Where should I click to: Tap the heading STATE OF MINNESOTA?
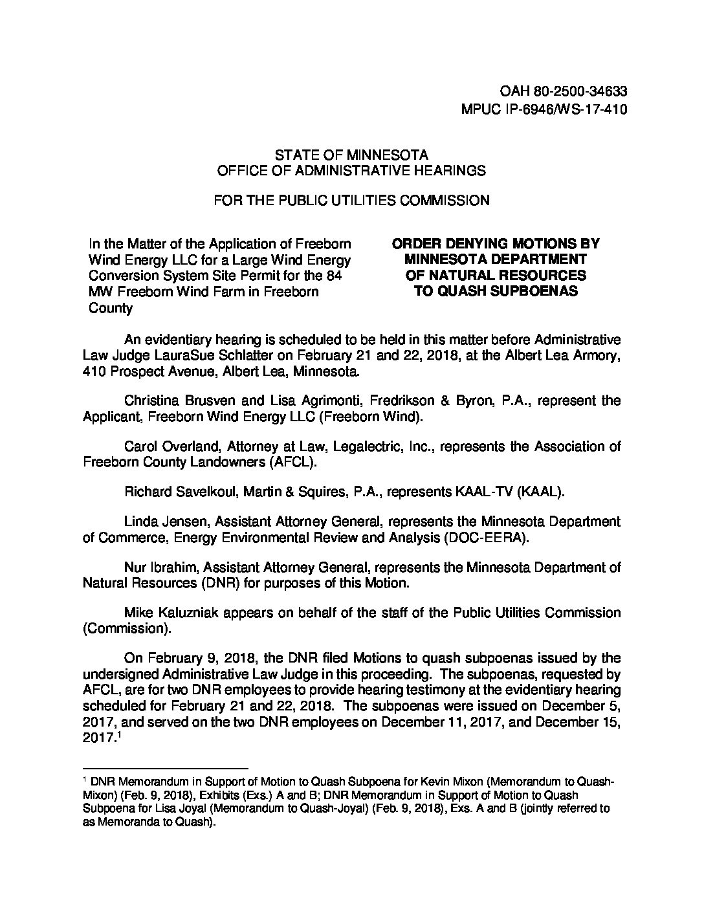point(351,155)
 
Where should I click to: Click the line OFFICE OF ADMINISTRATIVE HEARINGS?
point(351,171)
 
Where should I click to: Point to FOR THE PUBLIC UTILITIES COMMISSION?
point(351,201)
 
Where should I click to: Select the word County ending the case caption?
point(110,308)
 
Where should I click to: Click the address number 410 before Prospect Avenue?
point(94,372)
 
